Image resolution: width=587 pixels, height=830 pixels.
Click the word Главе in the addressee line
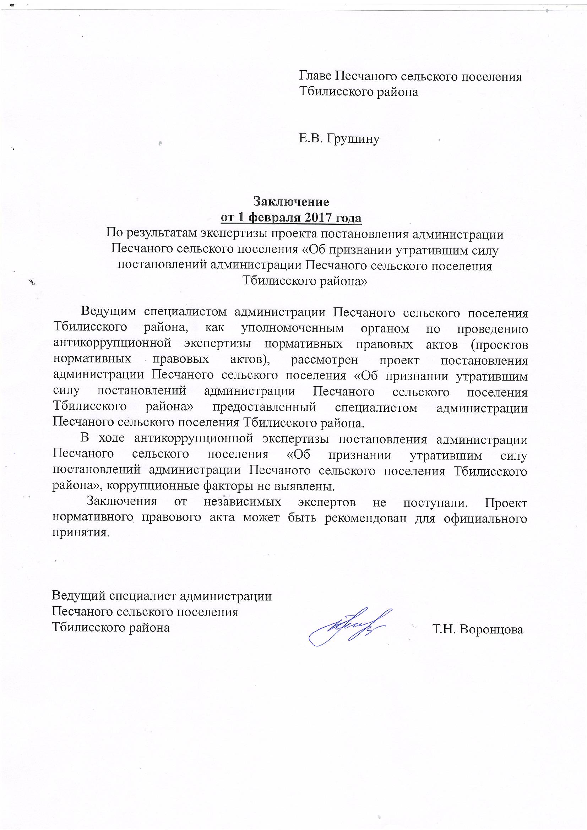click(x=315, y=77)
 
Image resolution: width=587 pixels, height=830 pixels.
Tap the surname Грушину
click(x=353, y=138)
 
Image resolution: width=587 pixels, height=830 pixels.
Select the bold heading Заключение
click(x=291, y=201)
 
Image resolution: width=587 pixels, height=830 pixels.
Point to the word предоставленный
click(x=265, y=407)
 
